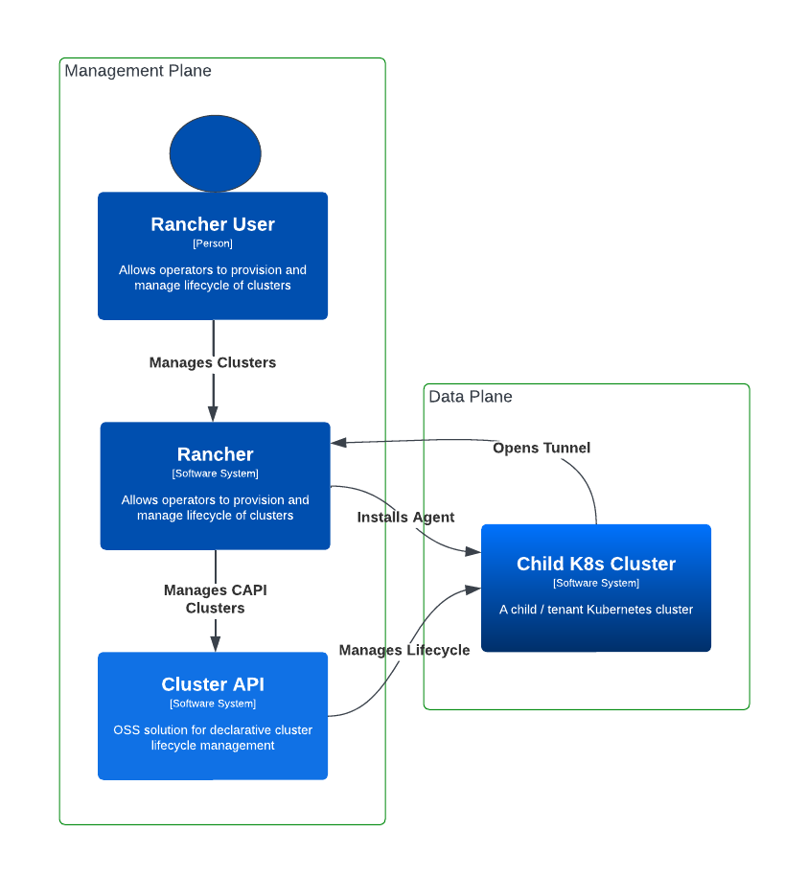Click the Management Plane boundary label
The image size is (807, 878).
click(138, 71)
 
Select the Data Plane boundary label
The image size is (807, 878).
click(471, 397)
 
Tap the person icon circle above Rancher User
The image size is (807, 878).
click(215, 153)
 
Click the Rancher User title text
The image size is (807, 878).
click(213, 224)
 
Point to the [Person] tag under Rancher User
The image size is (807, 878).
click(213, 243)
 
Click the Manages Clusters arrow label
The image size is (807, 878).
click(213, 362)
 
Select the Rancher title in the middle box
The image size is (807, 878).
click(216, 454)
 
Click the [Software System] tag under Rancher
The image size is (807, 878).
click(216, 474)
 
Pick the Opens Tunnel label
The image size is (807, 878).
click(542, 448)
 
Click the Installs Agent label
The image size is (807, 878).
click(405, 517)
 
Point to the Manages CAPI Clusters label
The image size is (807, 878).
click(216, 599)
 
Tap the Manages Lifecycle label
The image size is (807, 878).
click(404, 650)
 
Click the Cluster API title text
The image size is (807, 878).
click(213, 684)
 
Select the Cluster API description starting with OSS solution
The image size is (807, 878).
click(213, 737)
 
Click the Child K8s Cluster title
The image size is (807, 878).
click(596, 564)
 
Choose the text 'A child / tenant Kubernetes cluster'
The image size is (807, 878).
click(596, 609)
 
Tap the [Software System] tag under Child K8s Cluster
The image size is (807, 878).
click(596, 583)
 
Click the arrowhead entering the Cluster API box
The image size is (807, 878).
click(216, 643)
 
